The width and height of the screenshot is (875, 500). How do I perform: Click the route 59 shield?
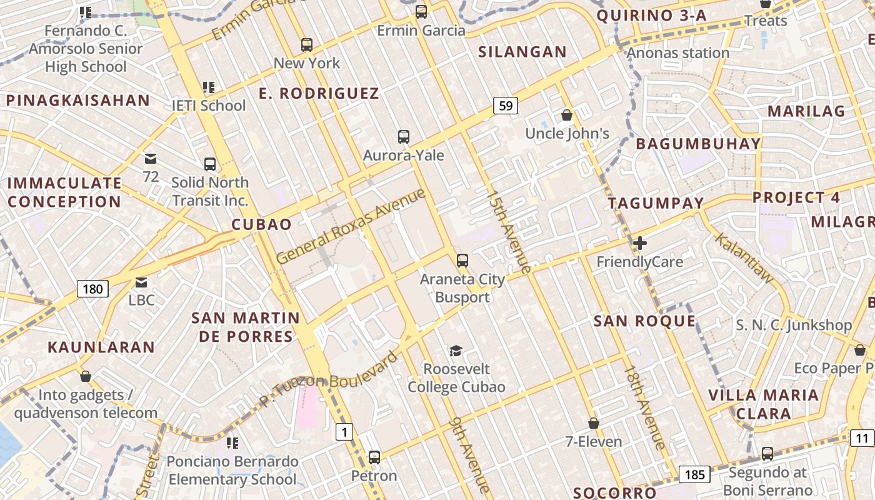(x=506, y=106)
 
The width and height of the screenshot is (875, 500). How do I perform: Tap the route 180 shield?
(x=92, y=289)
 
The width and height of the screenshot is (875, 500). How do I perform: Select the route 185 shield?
(x=694, y=475)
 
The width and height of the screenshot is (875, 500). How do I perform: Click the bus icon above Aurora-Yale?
(x=404, y=136)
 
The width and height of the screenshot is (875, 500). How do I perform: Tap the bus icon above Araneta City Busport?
(x=462, y=260)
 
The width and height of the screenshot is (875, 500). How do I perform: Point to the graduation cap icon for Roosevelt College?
(x=456, y=351)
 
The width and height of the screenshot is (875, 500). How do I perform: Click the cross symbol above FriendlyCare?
(x=639, y=243)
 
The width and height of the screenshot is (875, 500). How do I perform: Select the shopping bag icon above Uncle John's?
(x=567, y=115)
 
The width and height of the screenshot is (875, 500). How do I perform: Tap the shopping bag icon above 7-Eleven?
(x=593, y=424)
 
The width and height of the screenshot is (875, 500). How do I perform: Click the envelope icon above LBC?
(x=141, y=282)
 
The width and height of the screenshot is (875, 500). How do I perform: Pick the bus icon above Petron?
(x=374, y=457)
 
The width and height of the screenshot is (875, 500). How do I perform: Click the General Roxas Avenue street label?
(x=351, y=226)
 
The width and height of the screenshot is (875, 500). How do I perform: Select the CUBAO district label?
(x=261, y=224)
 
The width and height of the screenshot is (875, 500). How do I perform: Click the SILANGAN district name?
(x=522, y=52)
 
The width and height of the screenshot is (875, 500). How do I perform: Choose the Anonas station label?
(x=678, y=53)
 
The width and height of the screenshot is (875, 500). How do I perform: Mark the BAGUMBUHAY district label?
(x=698, y=144)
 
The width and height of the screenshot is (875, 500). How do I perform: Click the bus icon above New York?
(x=306, y=45)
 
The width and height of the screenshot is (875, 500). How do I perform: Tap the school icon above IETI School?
(x=208, y=87)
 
